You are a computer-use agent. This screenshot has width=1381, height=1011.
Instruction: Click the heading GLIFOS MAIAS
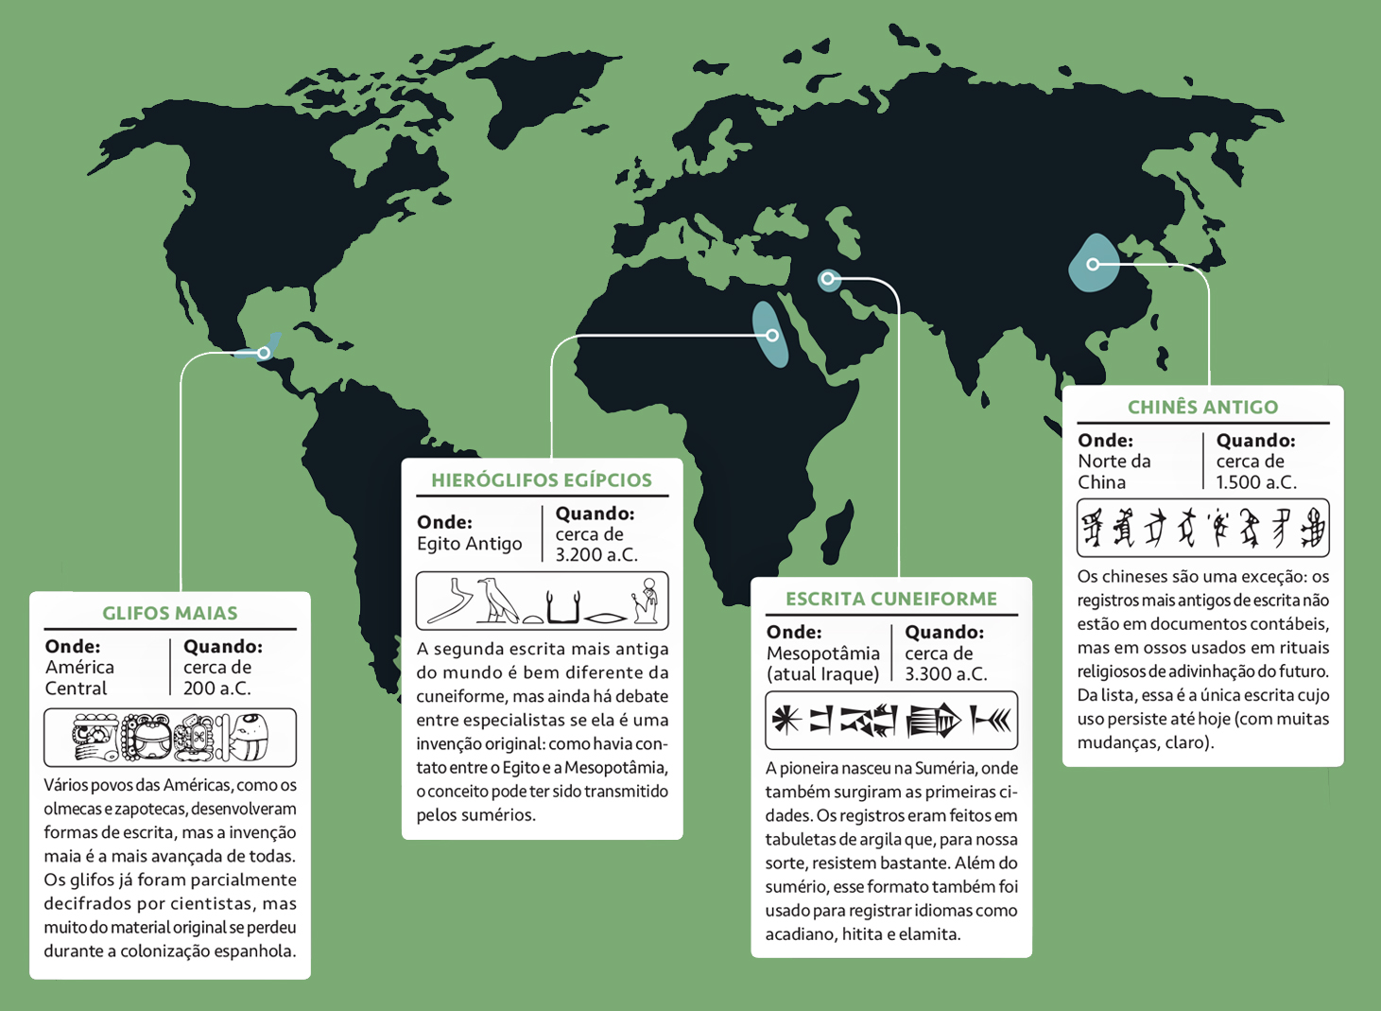[x=170, y=613]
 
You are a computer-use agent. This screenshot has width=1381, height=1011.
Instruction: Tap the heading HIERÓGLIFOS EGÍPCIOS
[x=542, y=480]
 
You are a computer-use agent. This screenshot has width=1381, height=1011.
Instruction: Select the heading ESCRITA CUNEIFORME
[x=891, y=599]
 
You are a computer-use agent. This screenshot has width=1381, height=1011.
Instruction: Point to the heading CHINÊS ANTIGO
[x=1202, y=408]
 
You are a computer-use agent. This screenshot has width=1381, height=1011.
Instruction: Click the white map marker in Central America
[x=264, y=353]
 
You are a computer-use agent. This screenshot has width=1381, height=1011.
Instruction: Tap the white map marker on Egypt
[x=772, y=336]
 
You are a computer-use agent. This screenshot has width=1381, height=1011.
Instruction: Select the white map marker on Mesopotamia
[x=828, y=279]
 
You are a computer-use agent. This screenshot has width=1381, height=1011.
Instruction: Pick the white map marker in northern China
[x=1093, y=264]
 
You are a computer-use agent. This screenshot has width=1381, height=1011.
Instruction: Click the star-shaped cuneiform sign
[x=785, y=721]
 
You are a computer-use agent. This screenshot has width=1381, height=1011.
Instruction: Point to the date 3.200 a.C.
[x=596, y=555]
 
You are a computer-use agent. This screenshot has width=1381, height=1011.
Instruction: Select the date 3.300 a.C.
[x=945, y=674]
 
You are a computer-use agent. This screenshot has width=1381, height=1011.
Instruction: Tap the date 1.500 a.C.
[x=1256, y=482]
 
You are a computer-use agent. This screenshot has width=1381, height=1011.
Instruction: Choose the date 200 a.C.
[x=217, y=689]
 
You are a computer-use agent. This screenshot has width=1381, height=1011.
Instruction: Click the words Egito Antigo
[x=470, y=544]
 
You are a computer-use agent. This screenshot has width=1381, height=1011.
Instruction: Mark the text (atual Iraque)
[x=823, y=674]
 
